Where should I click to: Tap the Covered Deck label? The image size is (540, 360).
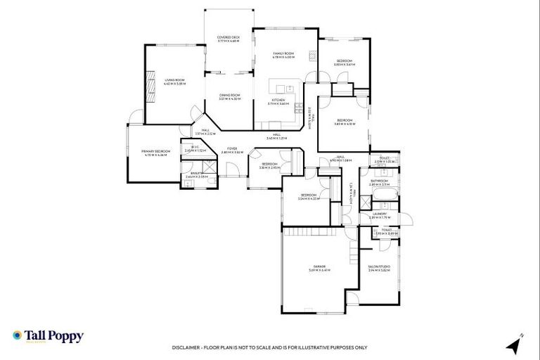[x=229, y=38]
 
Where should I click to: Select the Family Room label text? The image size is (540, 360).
[x=283, y=54]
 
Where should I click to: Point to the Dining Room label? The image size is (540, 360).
[x=229, y=96]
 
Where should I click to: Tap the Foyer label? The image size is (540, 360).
[x=231, y=149]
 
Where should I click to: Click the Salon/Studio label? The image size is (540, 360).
[x=379, y=267]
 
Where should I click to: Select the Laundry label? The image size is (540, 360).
[x=379, y=214]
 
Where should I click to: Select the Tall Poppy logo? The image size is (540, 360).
[x=48, y=337]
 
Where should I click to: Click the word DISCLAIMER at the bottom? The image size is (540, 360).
[x=188, y=347]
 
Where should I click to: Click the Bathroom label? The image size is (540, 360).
[x=379, y=181]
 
